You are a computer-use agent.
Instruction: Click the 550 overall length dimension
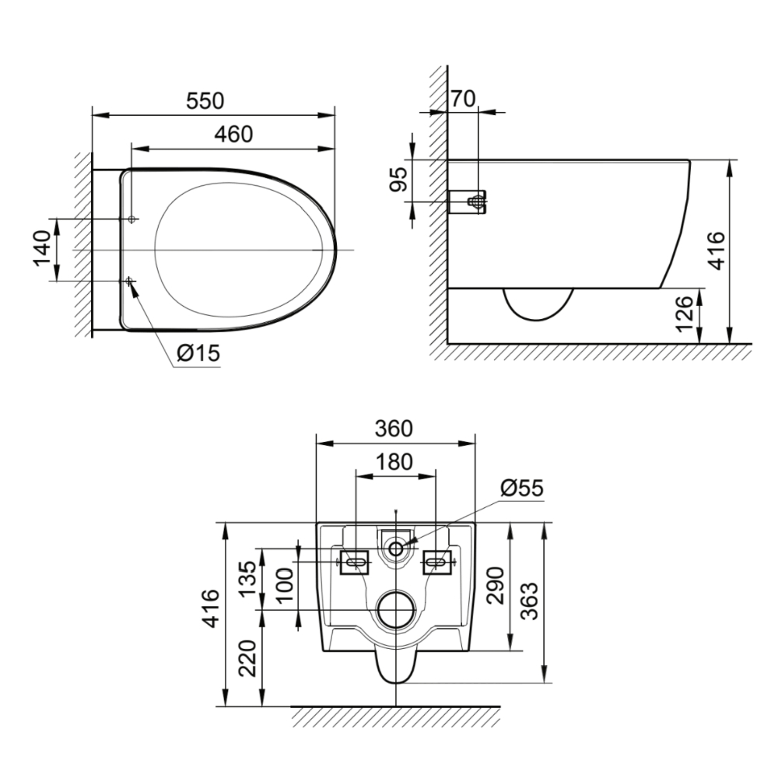point(205,102)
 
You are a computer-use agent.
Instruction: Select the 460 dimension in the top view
point(234,134)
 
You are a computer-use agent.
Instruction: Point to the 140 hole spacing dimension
point(44,249)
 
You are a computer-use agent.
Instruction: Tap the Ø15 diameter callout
point(198,353)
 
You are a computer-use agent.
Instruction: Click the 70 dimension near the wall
point(463,98)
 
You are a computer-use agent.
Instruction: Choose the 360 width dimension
point(394,429)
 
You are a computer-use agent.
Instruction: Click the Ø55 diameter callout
point(522,489)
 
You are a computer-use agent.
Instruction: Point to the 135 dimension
point(247,578)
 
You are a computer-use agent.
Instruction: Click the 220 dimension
point(247,658)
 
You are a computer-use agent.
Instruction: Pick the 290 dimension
point(496,585)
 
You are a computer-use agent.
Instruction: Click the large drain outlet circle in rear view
point(396,609)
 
